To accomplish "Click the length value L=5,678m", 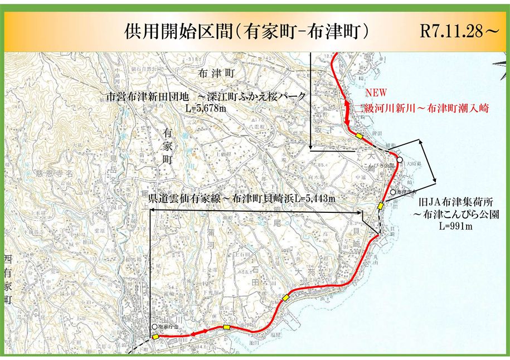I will coord(206,109).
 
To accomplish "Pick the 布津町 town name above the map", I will coord(217,73).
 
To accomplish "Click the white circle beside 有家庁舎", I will coord(154,327).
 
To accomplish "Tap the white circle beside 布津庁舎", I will coord(392,192).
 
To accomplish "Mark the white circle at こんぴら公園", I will coord(400,160).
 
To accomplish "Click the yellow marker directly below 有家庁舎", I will coord(156,336).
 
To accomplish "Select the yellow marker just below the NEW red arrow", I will coord(360,135).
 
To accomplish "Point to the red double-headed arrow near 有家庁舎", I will coord(199,332).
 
